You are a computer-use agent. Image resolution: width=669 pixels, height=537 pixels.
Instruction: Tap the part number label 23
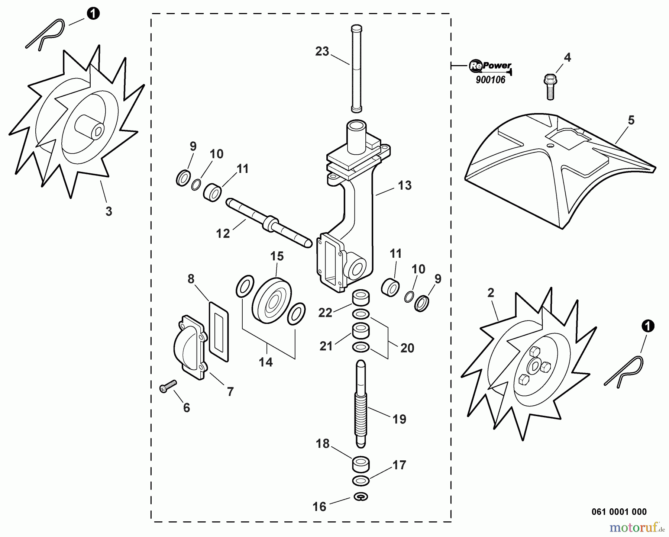click(x=322, y=51)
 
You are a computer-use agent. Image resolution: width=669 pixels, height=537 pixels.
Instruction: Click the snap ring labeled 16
click(x=361, y=497)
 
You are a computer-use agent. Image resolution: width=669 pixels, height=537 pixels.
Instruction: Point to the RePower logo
click(x=490, y=66)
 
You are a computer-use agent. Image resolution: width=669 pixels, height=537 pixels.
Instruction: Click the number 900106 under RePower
click(x=491, y=80)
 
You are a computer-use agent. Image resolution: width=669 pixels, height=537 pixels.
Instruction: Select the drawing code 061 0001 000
click(x=619, y=512)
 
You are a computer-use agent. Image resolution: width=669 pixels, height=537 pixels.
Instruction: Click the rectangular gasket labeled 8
click(x=219, y=332)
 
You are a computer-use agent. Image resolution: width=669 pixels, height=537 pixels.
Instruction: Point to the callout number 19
click(x=399, y=419)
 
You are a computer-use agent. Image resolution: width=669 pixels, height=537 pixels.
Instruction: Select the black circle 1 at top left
click(x=93, y=14)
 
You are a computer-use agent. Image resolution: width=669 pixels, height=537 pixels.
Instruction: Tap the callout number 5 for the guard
click(x=631, y=120)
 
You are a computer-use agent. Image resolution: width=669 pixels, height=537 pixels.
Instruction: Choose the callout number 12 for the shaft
click(x=223, y=234)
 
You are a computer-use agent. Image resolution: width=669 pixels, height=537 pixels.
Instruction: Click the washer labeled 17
click(x=360, y=480)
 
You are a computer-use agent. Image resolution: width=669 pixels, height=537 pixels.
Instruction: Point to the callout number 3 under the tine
click(x=109, y=211)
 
